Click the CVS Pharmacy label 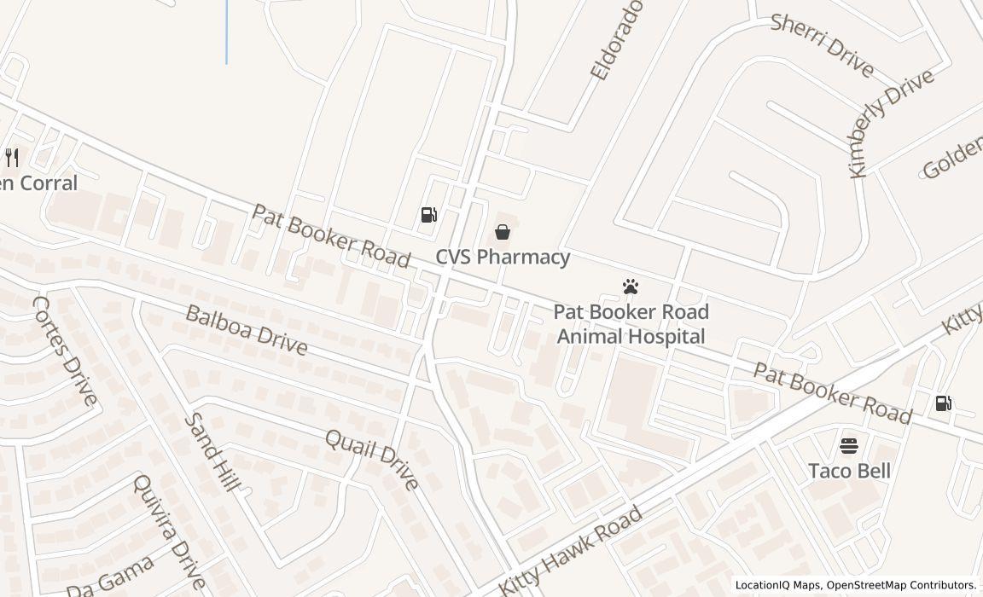503,257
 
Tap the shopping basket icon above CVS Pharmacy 503,232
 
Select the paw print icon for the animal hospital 631,287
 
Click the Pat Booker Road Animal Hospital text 631,324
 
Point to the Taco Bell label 849,471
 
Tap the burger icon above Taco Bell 849,445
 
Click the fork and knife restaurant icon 12,157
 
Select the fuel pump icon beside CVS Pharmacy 429,215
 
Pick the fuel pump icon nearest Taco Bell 943,403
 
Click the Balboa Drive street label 246,329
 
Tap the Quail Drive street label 372,460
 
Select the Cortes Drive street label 65,351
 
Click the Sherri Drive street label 822,44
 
